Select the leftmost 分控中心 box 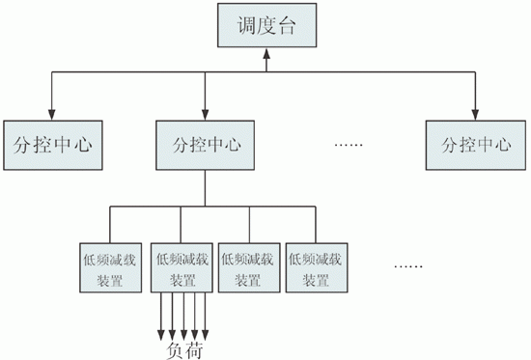pos(50,146)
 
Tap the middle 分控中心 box pos(206,146)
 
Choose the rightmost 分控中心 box pos(475,146)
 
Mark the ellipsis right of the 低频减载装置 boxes pos(409,264)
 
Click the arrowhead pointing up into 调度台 pos(265,59)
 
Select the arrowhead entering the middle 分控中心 pos(206,114)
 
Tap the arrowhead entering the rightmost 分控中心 pos(476,114)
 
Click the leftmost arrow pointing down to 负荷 pos(160,328)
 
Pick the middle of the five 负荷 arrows pos(182,328)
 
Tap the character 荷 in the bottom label pos(193,348)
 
